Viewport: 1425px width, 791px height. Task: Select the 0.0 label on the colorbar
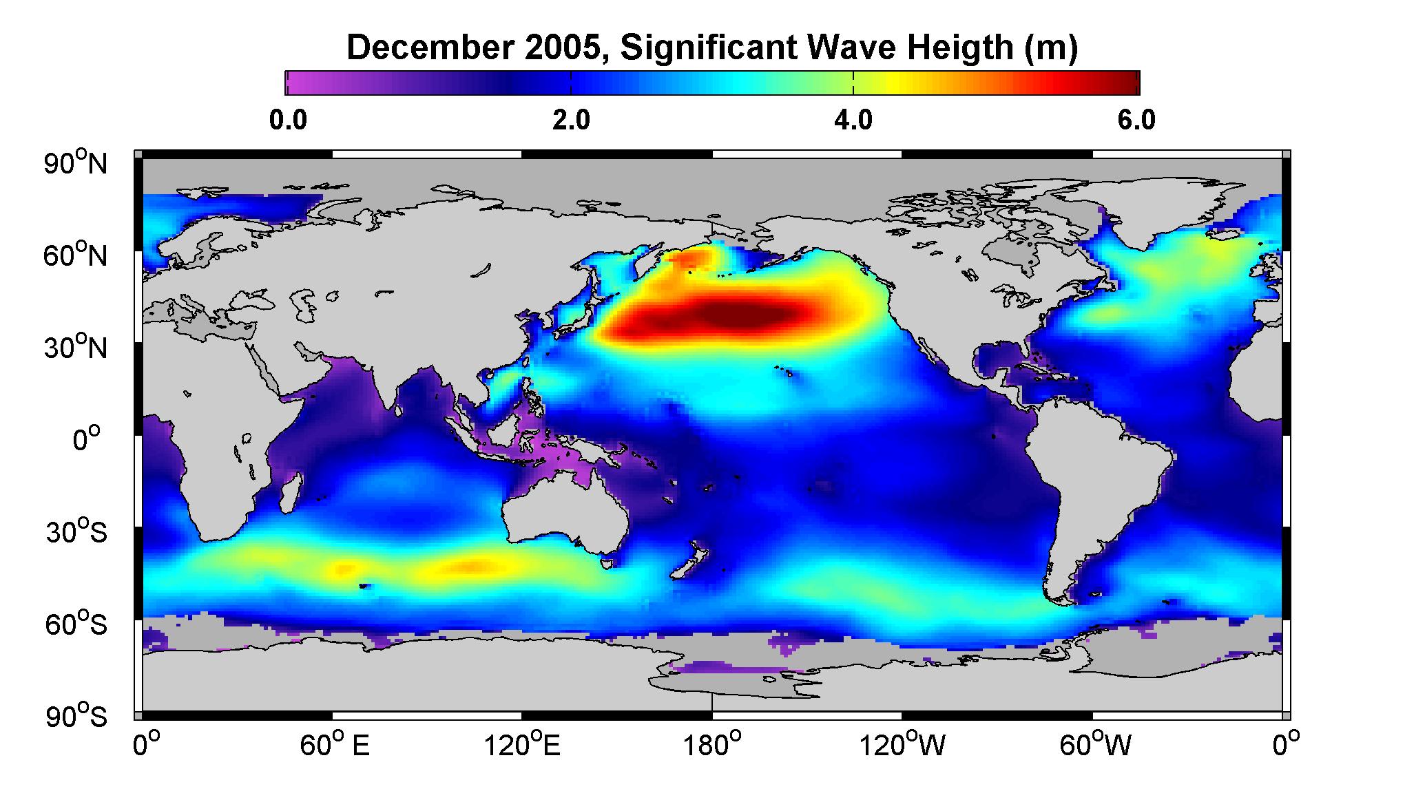click(288, 120)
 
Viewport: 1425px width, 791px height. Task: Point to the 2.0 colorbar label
click(571, 120)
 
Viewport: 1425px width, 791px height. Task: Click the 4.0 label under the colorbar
click(853, 120)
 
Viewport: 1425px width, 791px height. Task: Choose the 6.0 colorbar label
click(1136, 120)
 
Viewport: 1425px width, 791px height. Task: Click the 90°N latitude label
click(76, 164)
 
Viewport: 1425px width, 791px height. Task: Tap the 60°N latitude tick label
click(76, 256)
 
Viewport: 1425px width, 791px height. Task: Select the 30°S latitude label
click(76, 532)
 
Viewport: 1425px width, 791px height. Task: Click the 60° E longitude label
click(335, 745)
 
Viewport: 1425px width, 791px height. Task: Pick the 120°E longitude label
click(522, 745)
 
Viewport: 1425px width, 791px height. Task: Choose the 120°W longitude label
click(903, 745)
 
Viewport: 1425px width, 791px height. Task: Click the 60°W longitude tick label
click(1094, 745)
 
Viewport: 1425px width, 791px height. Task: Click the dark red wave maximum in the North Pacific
click(730, 317)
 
